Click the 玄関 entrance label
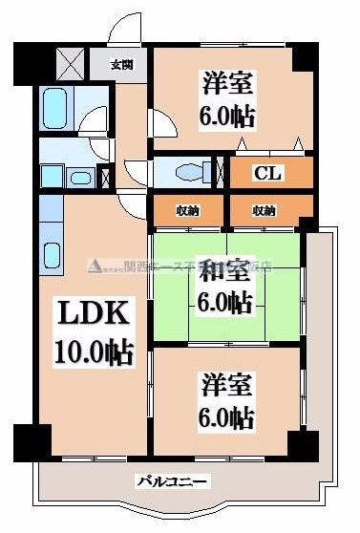pos(121,65)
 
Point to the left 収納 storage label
pos(187,210)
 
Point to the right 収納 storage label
pos(264,210)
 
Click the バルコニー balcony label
pos(171,481)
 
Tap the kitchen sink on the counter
pos(53,256)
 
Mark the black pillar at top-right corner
pos(303,56)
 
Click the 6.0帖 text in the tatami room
pos(226,304)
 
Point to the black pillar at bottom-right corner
pos(303,443)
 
